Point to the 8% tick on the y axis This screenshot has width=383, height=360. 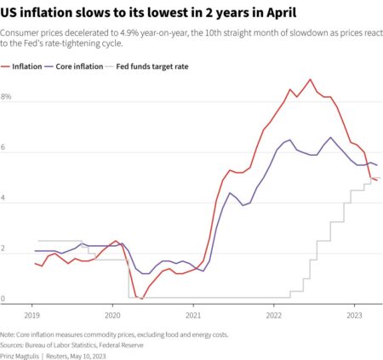pyautogui.click(x=7, y=98)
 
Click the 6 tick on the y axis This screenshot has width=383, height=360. pyautogui.click(x=4, y=148)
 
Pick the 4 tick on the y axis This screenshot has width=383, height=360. pyautogui.click(x=4, y=198)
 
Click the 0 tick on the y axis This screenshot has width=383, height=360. pyautogui.click(x=4, y=299)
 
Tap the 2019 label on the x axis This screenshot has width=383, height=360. pyautogui.click(x=32, y=314)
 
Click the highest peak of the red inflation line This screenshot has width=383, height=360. pyautogui.click(x=311, y=79)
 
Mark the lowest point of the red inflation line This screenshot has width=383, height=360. pyautogui.click(x=142, y=298)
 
